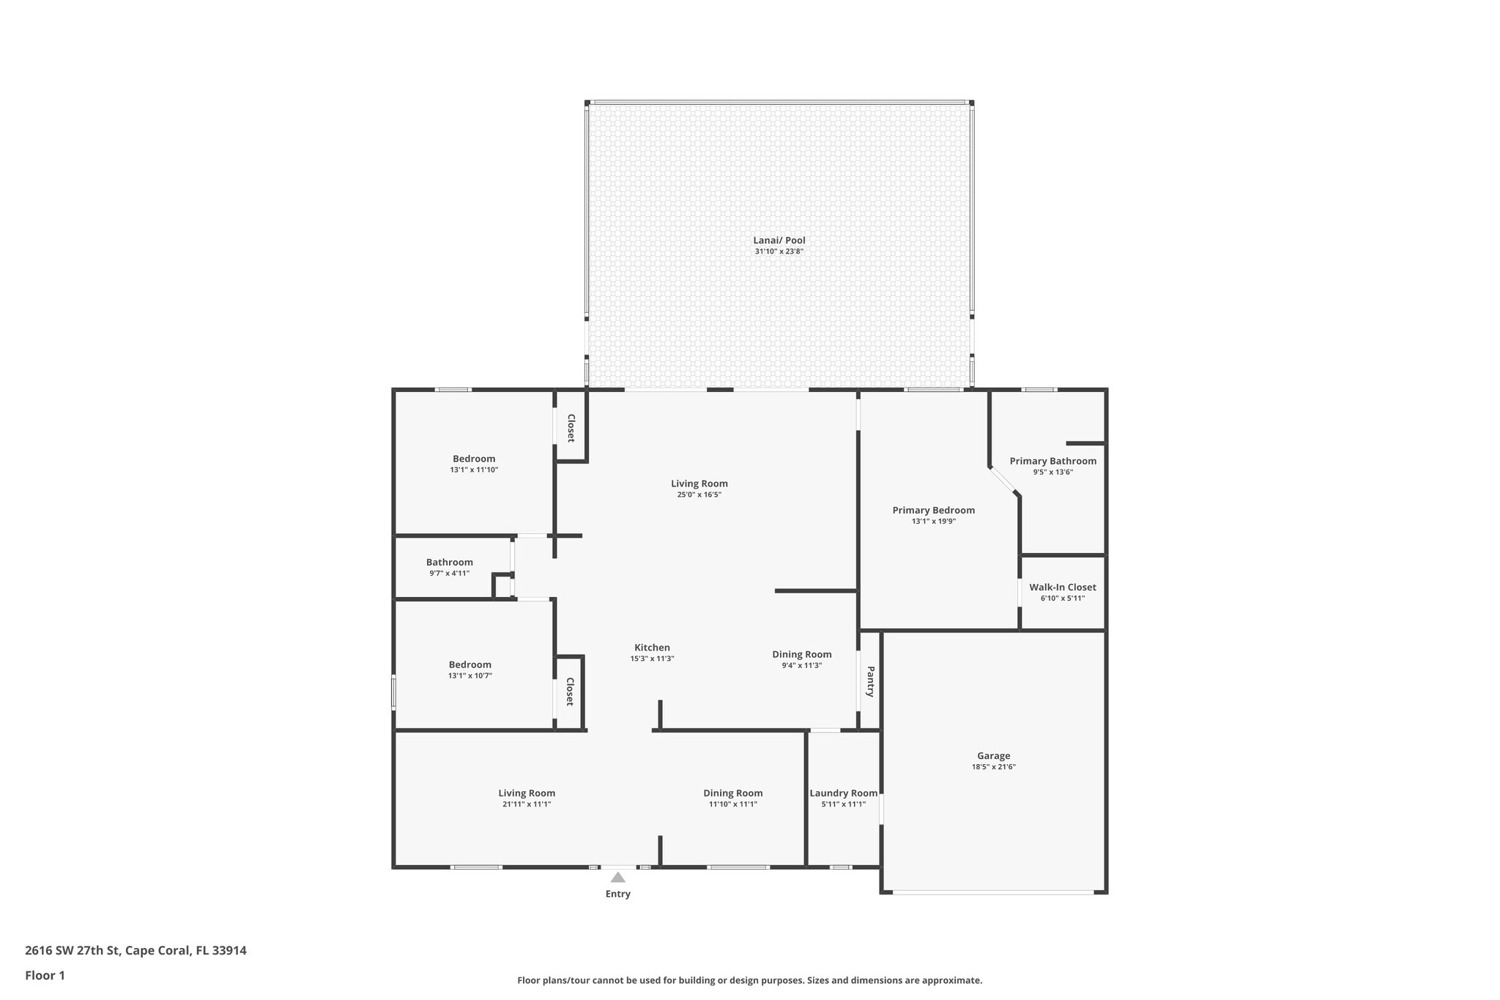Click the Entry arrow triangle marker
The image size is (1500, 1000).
click(x=618, y=877)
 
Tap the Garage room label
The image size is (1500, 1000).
click(x=993, y=756)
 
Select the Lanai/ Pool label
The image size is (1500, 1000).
click(x=779, y=240)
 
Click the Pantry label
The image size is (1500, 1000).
click(x=870, y=681)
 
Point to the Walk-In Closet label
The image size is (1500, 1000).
click(x=1062, y=588)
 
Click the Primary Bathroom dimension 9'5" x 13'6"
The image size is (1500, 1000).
click(x=1052, y=473)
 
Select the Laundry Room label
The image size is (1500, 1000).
click(x=843, y=793)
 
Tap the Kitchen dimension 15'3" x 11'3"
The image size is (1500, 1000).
click(x=652, y=659)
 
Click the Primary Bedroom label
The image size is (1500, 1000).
click(x=933, y=511)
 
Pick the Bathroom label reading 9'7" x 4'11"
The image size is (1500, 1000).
click(x=449, y=563)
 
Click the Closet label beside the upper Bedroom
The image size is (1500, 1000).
click(x=570, y=428)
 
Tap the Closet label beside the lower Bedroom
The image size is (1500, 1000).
click(x=569, y=692)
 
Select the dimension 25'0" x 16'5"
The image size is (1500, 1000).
click(x=699, y=495)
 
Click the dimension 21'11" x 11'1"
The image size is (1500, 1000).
click(x=527, y=804)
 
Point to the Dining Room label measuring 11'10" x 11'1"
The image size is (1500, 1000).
click(x=732, y=793)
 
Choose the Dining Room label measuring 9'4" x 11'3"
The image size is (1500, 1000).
click(x=801, y=655)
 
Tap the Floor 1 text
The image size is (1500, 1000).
click(x=45, y=976)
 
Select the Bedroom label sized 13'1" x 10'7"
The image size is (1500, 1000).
click(x=469, y=665)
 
